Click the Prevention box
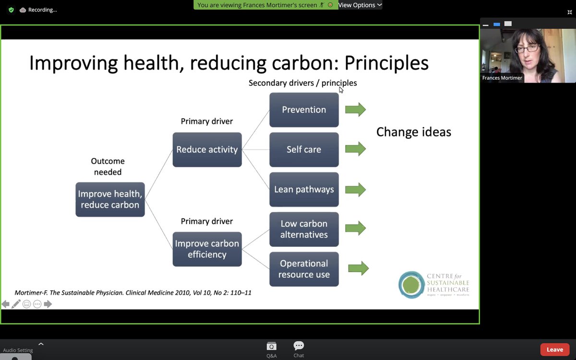click(x=304, y=110)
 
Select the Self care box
click(x=304, y=150)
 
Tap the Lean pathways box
click(x=304, y=190)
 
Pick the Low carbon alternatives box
click(x=304, y=229)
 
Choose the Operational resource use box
click(x=304, y=269)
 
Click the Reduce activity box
click(x=207, y=150)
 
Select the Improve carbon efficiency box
click(x=207, y=249)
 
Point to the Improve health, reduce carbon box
click(x=110, y=200)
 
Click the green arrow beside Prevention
click(x=355, y=110)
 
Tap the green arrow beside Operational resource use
click(x=358, y=268)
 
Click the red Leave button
click(x=554, y=349)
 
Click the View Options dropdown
click(x=360, y=5)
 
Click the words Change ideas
click(x=413, y=132)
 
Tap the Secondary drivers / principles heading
click(x=302, y=83)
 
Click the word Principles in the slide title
click(x=386, y=63)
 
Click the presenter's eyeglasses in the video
click(x=527, y=49)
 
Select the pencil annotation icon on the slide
click(x=16, y=304)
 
